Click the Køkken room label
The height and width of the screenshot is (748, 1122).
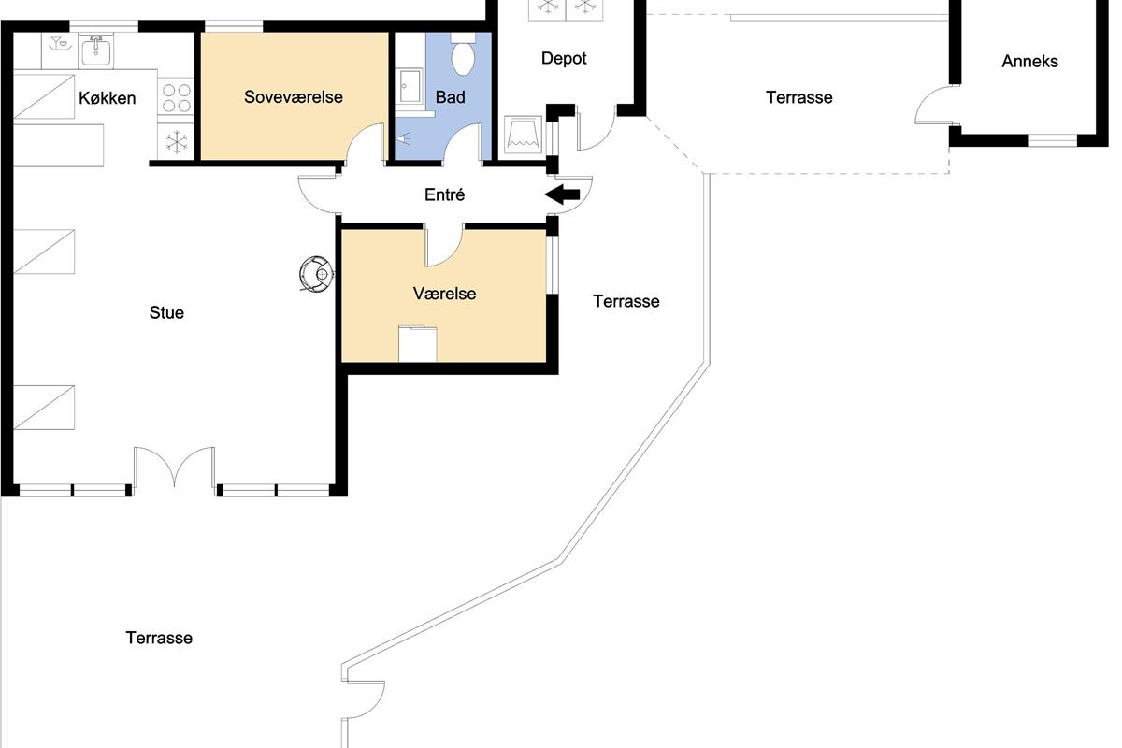click(108, 97)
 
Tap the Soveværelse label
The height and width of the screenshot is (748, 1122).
click(294, 96)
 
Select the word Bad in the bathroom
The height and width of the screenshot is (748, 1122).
click(451, 96)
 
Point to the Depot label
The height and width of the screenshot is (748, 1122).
click(564, 59)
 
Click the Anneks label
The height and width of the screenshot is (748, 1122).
click(1029, 61)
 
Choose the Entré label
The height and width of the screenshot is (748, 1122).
click(444, 194)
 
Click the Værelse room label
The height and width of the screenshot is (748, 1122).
click(444, 294)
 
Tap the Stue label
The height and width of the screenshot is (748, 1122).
click(166, 312)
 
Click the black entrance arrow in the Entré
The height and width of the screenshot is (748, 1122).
click(562, 194)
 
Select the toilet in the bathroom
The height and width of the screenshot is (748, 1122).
click(463, 54)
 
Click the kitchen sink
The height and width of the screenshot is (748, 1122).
click(95, 51)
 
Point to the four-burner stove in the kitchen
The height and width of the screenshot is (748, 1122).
click(177, 97)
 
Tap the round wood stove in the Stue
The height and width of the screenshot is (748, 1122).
click(316, 274)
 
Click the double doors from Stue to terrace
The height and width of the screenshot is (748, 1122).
click(174, 467)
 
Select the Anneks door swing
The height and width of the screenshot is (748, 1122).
click(936, 105)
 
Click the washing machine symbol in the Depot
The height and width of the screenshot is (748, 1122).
click(523, 135)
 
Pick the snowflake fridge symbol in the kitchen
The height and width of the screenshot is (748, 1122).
click(177, 142)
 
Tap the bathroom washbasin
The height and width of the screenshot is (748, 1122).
click(410, 86)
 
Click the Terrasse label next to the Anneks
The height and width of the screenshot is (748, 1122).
click(798, 97)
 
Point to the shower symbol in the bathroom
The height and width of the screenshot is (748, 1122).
click(403, 138)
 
